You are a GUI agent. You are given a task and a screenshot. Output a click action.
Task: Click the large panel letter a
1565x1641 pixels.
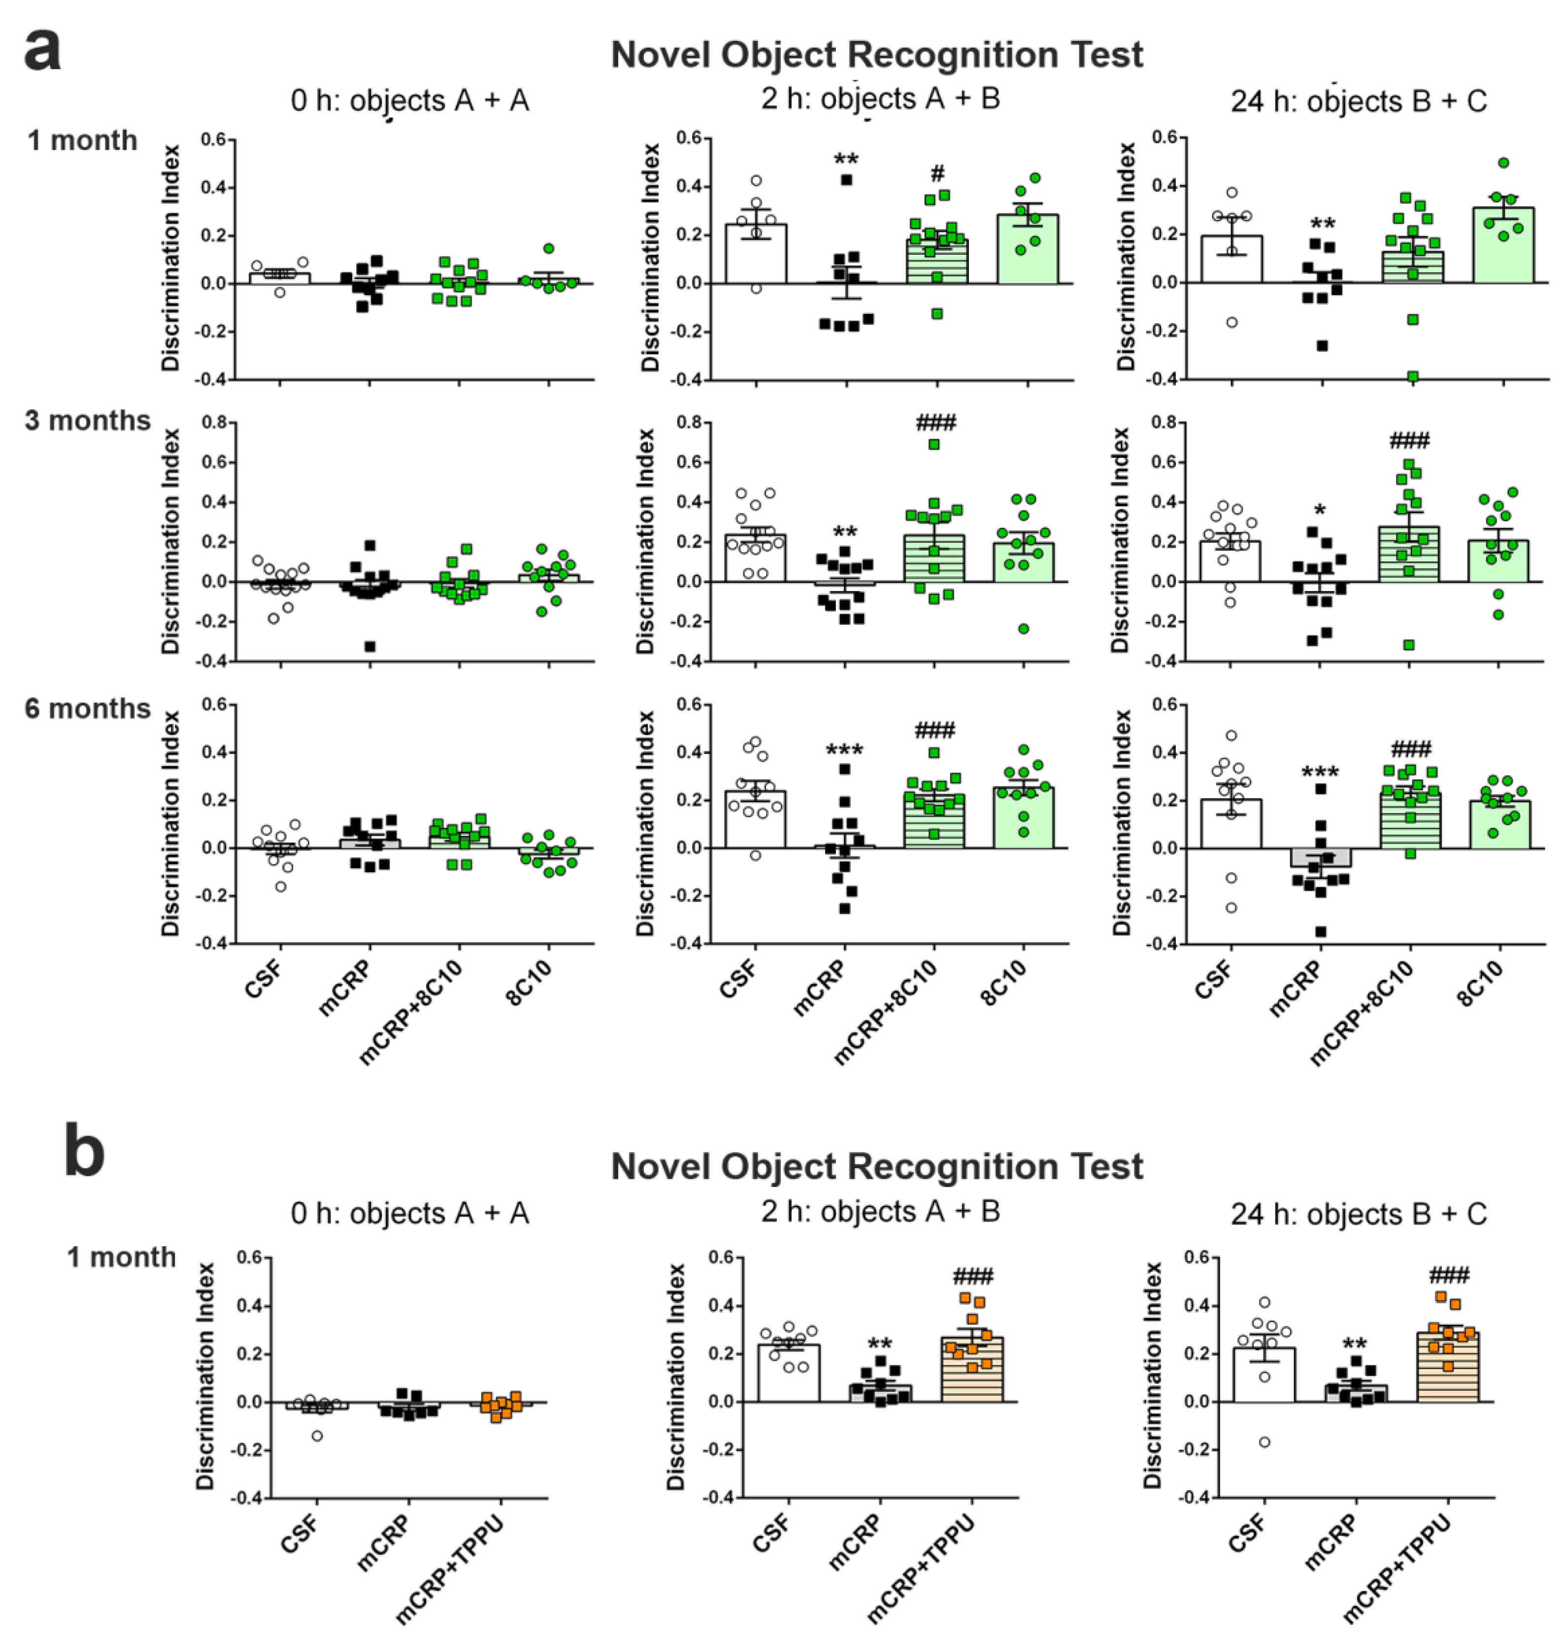tap(42, 50)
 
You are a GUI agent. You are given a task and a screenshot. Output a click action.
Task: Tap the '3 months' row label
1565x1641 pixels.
tap(88, 420)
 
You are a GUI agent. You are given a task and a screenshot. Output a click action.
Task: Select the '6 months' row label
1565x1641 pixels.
tap(88, 709)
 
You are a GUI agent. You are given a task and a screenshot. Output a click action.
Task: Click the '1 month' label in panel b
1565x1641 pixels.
tap(121, 1257)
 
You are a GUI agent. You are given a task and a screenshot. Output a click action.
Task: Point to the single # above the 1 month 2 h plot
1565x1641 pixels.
tap(937, 174)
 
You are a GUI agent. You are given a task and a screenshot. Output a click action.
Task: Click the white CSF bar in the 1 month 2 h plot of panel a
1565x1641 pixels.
tap(756, 254)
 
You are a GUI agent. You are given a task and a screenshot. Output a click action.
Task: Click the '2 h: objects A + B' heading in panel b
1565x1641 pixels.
tap(880, 1211)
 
